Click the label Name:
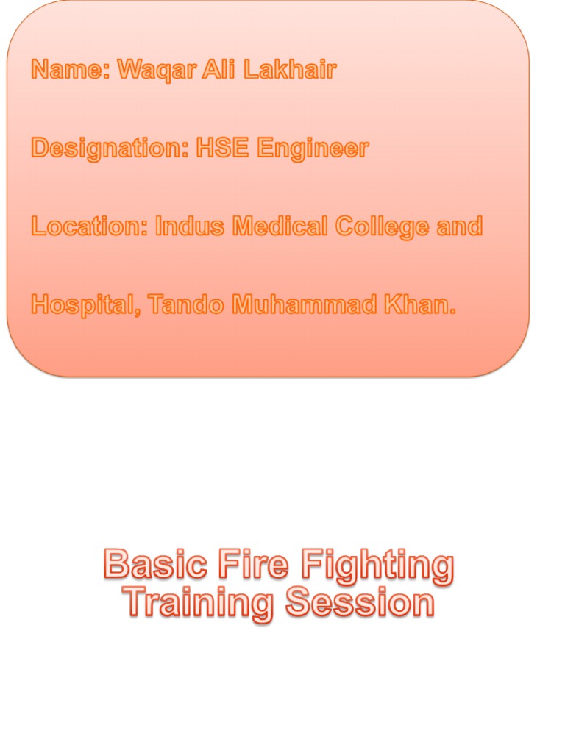[70, 71]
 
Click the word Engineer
[313, 149]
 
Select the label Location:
[89, 227]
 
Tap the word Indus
[190, 227]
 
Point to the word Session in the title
[360, 604]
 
